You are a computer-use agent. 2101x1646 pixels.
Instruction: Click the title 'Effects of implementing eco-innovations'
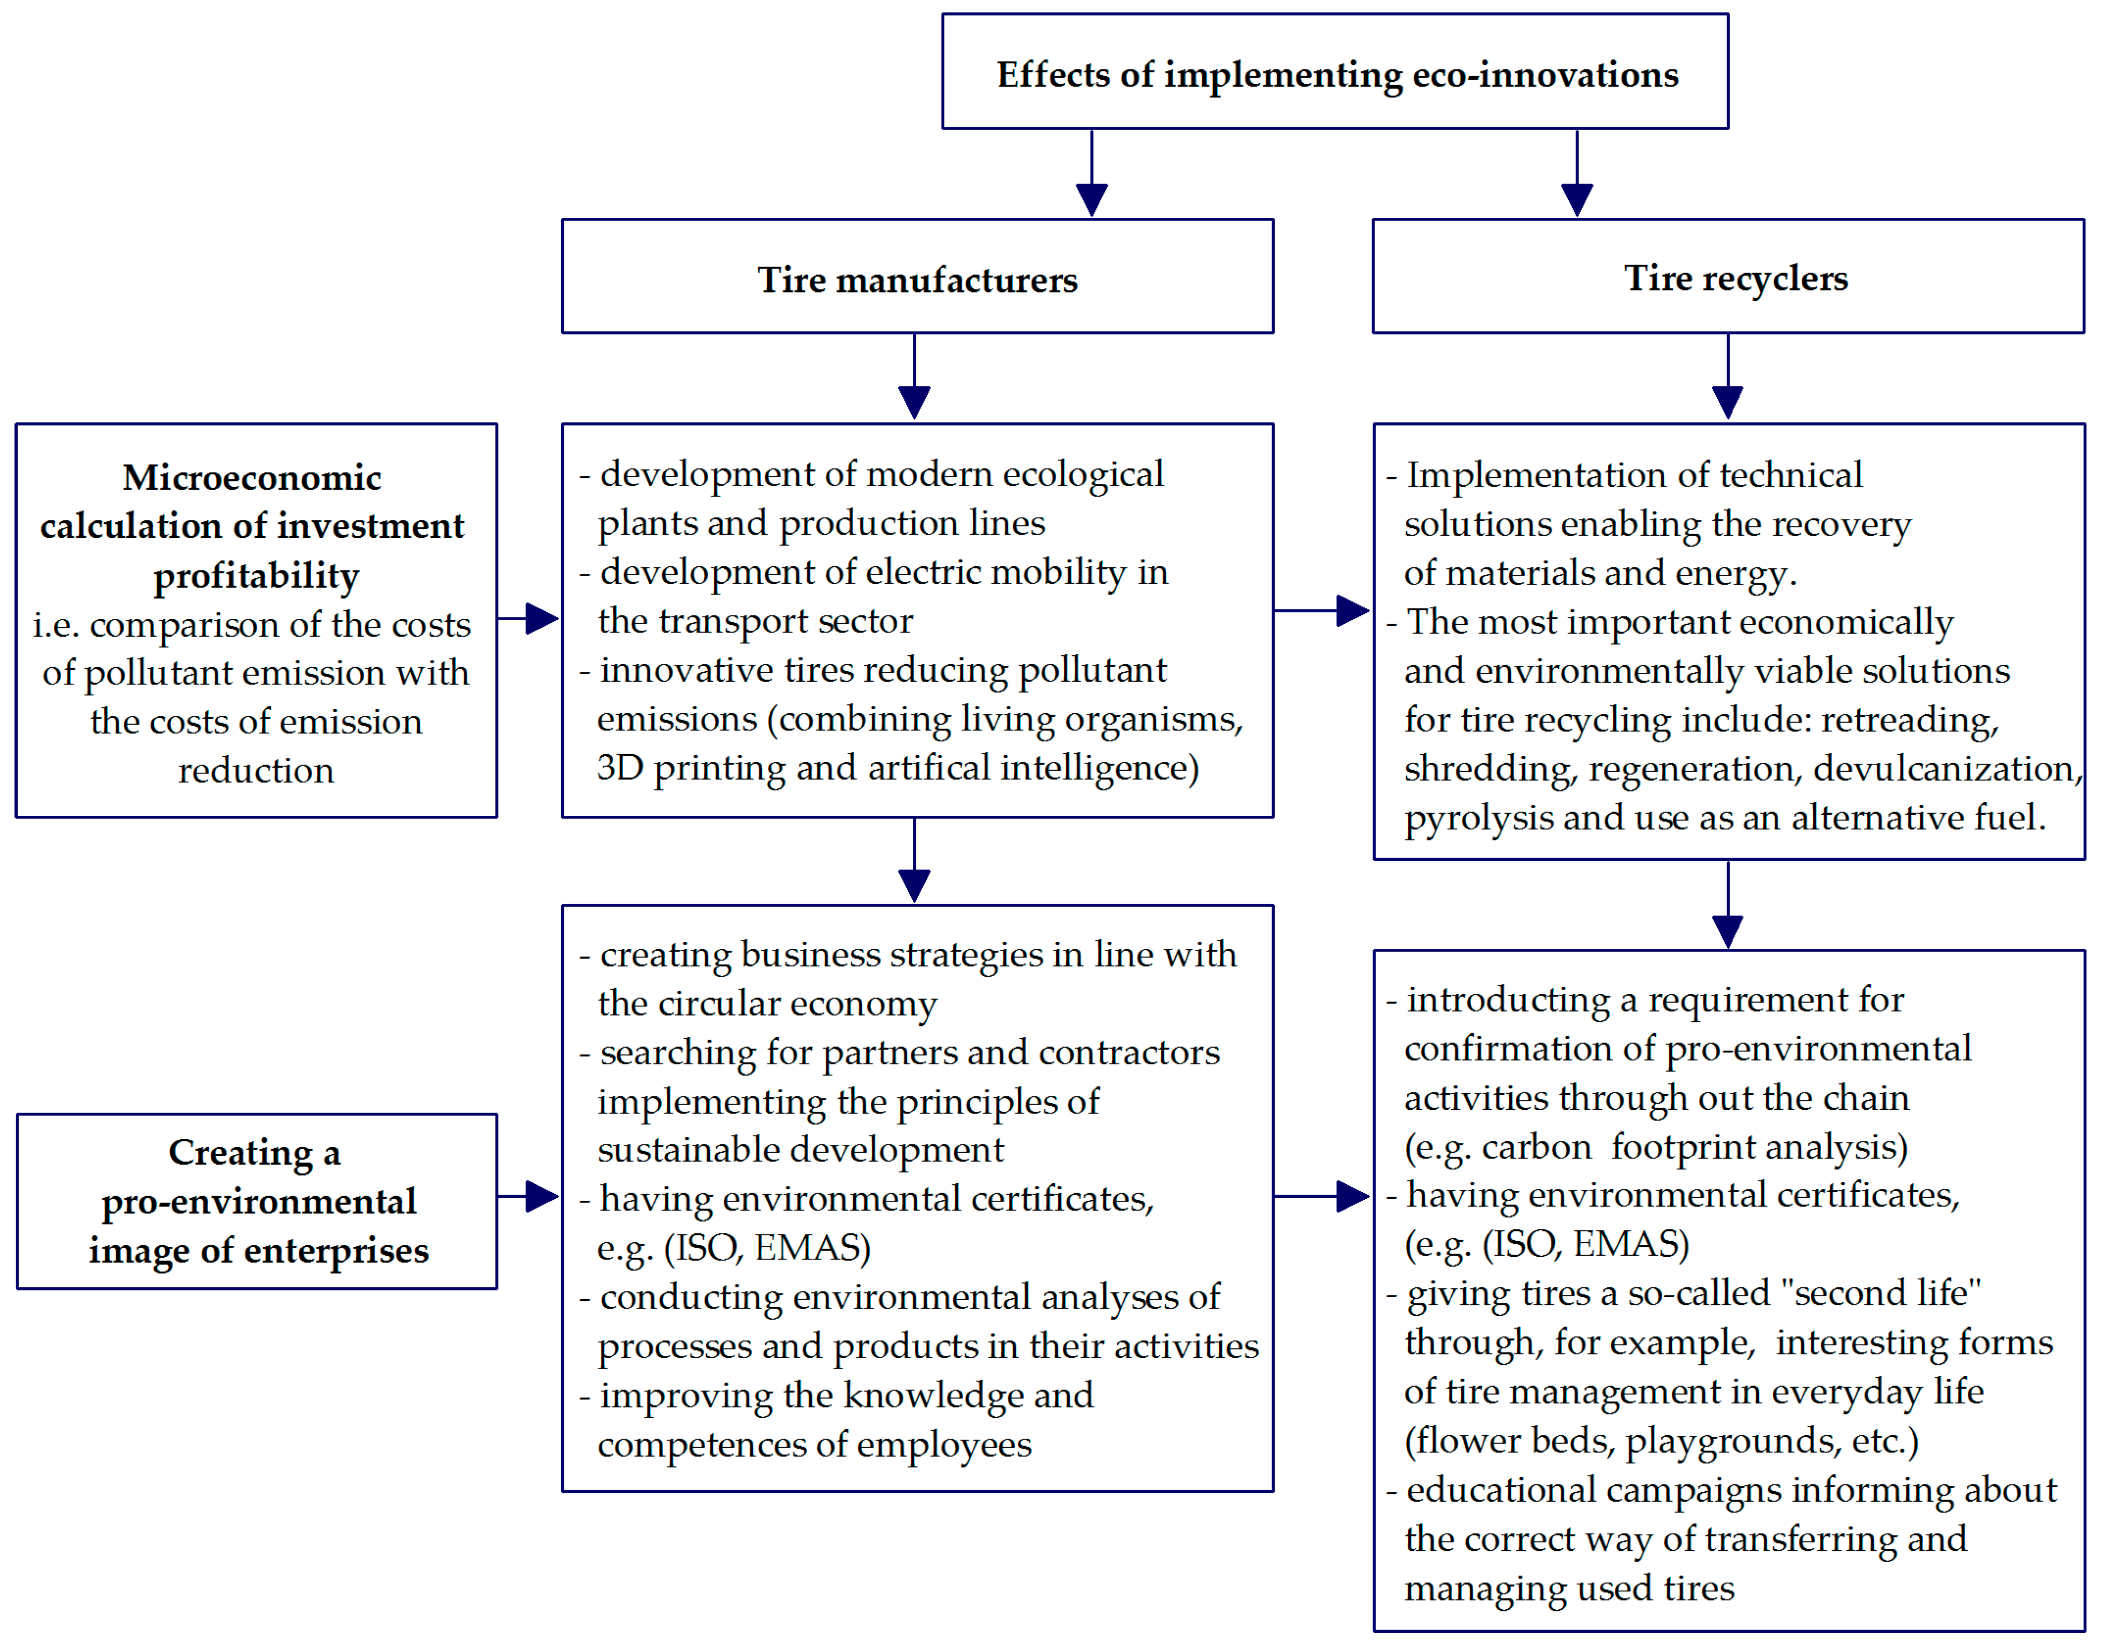(x=1337, y=74)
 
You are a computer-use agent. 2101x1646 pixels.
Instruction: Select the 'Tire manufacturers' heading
(x=916, y=280)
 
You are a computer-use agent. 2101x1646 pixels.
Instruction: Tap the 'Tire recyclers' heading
(x=1735, y=277)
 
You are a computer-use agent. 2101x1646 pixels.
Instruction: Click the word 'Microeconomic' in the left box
(x=252, y=477)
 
